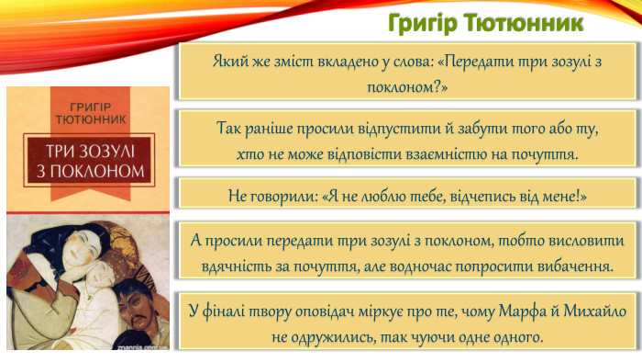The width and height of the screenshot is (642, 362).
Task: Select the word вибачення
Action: coord(566,266)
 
